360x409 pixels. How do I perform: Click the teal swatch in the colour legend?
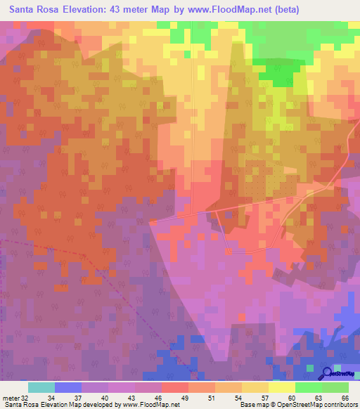coord(41,387)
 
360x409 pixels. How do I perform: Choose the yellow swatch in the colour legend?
coord(281,387)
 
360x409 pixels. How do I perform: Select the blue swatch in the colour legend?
coord(68,387)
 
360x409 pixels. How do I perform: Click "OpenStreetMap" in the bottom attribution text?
coord(296,405)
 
